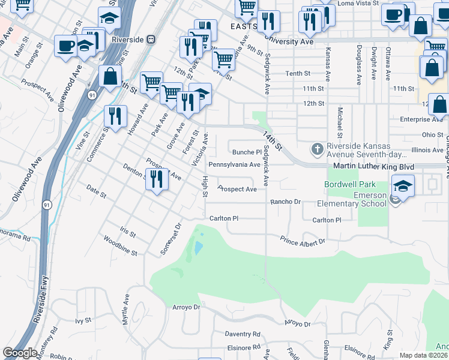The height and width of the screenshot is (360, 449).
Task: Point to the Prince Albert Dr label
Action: (x=303, y=241)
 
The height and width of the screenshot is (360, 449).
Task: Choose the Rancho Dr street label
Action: (x=285, y=202)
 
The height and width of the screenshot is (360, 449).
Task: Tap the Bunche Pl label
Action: (x=247, y=152)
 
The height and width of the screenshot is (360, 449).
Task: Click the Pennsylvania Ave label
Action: (x=234, y=164)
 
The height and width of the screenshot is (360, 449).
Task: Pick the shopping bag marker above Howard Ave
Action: (x=110, y=77)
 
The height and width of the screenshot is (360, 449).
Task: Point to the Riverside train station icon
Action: (x=151, y=39)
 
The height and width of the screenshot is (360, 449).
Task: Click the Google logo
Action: (x=20, y=353)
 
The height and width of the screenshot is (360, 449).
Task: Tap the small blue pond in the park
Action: (x=197, y=247)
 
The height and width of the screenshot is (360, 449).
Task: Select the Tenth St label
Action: (x=297, y=73)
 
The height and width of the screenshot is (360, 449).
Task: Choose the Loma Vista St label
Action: (x=358, y=3)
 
